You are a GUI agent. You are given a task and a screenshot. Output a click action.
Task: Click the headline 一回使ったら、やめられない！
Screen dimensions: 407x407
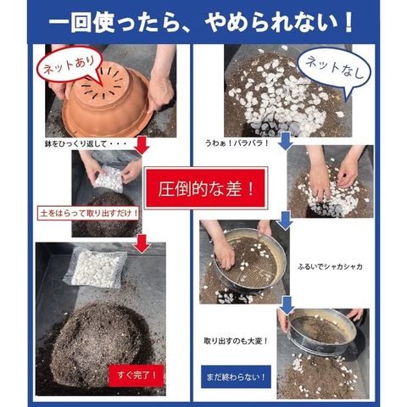[201, 22]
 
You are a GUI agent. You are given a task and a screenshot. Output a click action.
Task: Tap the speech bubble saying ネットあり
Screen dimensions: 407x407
[70, 65]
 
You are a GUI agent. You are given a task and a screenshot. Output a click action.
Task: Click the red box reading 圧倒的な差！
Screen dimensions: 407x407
[205, 188]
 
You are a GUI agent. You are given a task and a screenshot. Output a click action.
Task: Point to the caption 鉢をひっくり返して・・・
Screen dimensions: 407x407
[86, 144]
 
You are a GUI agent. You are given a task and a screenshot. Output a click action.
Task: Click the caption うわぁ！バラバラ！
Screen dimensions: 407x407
[237, 142]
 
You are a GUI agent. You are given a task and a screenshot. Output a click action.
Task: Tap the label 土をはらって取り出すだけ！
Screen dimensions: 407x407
[88, 213]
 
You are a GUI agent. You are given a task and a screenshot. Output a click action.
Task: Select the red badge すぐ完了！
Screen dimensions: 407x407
[137, 376]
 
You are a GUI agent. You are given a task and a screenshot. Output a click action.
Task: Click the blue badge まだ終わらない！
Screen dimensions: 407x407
[236, 376]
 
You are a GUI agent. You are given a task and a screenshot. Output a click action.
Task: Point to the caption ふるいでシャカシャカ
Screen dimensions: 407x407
[330, 266]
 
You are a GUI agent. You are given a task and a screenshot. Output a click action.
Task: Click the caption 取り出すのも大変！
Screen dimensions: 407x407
[236, 341]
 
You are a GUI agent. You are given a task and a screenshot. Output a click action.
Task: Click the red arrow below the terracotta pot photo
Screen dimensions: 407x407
[142, 145]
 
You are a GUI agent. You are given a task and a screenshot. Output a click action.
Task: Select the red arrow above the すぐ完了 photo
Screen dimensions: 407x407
[142, 243]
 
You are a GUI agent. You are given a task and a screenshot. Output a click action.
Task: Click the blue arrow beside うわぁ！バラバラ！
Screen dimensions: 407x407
[286, 142]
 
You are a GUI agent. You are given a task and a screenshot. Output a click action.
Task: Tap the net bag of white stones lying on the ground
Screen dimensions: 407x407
[95, 267]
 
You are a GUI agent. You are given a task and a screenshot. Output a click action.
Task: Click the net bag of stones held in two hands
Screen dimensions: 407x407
[109, 179]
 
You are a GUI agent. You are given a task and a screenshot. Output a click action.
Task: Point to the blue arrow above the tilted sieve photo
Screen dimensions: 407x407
[287, 305]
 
